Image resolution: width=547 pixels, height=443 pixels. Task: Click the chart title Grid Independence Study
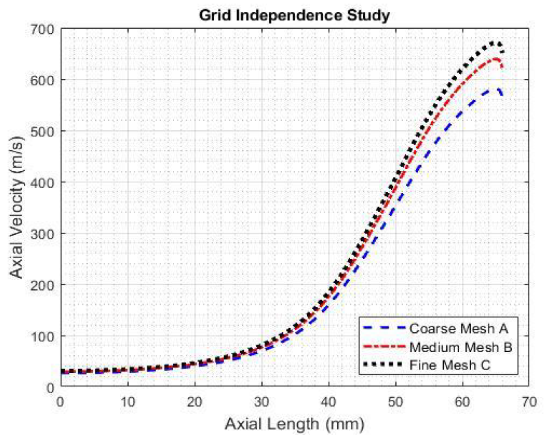(x=295, y=15)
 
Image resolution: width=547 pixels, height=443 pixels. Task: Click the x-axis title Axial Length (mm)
(x=295, y=424)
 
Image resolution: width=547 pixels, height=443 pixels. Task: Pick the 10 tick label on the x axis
(x=128, y=402)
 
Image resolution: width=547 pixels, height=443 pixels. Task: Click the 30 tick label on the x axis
(x=262, y=402)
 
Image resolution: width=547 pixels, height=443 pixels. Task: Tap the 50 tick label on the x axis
(x=395, y=402)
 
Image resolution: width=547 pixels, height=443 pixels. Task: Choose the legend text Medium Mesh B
(x=461, y=347)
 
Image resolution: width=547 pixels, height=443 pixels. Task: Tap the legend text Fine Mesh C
(x=450, y=365)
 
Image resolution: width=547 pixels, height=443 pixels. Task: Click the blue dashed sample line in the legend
(x=384, y=328)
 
